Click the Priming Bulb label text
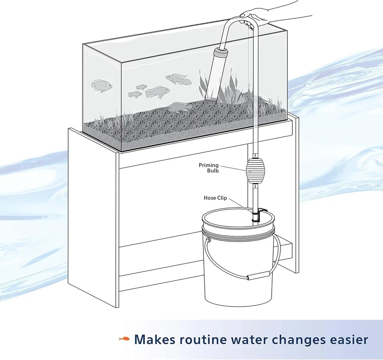[209, 168]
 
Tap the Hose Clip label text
[215, 198]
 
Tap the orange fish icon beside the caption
[124, 339]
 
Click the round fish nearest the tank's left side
[101, 85]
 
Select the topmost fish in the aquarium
[178, 79]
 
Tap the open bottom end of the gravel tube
[211, 97]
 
